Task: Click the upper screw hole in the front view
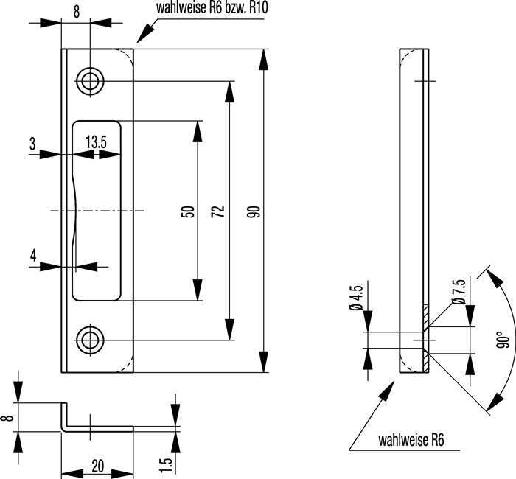(91, 81)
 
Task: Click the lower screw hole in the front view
(91, 340)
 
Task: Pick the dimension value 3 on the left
(33, 143)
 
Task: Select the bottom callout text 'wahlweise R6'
(410, 441)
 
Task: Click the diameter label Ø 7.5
(459, 292)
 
